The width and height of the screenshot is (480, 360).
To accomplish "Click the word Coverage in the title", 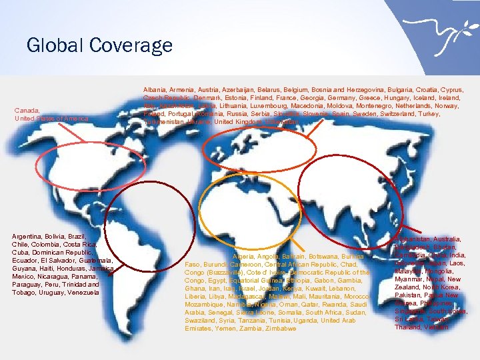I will pyautogui.click(x=131, y=45).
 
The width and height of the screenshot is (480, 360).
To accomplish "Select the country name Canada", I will pyautogui.click(x=27, y=110).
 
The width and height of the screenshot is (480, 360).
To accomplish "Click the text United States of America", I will pyautogui.click(x=51, y=119).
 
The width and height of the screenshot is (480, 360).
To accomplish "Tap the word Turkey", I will pyautogui.click(x=449, y=113).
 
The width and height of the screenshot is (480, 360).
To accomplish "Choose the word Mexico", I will pyautogui.click(x=24, y=277).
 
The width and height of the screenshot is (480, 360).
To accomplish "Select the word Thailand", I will pyautogui.click(x=408, y=327).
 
